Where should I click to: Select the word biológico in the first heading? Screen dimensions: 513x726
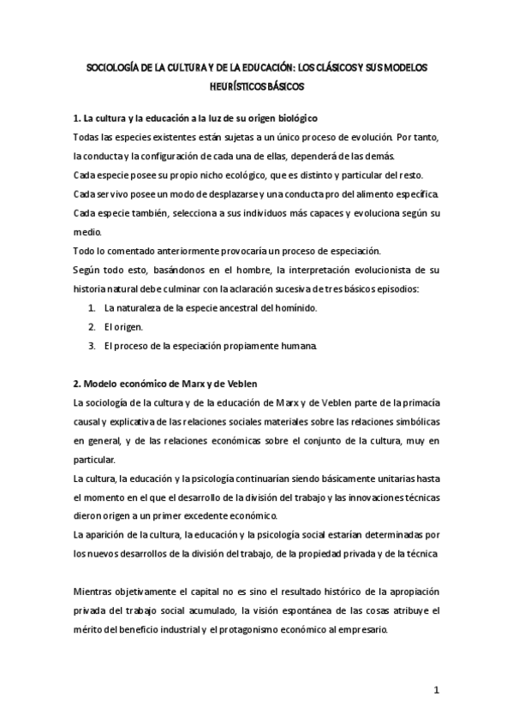293,117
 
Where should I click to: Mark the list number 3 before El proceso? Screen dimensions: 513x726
92,346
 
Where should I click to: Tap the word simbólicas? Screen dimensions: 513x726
406,421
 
